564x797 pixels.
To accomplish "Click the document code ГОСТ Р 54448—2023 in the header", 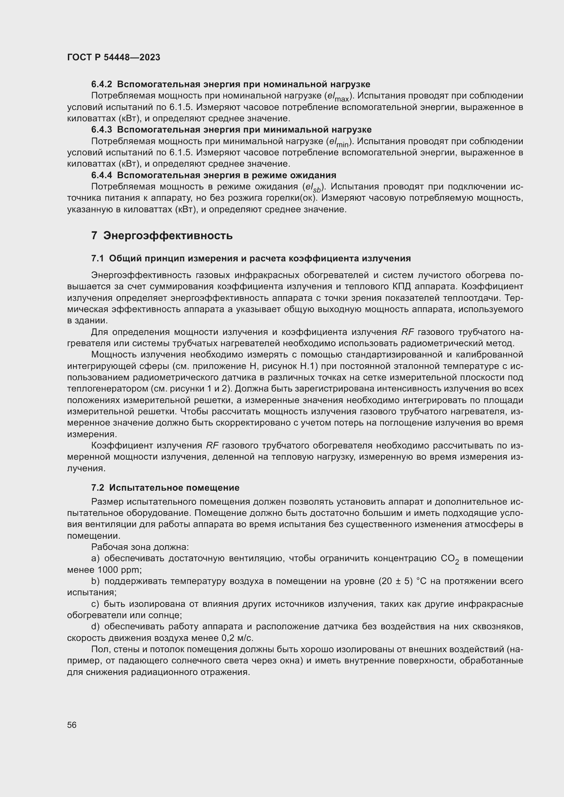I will pos(114,57).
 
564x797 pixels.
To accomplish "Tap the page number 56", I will pos(72,725).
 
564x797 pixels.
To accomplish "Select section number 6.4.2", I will pos(101,85).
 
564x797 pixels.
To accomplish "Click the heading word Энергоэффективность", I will pos(168,236).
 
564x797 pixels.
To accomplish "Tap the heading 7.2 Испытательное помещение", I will pos(165,488).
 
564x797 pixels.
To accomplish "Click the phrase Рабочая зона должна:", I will pos(140,548).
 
